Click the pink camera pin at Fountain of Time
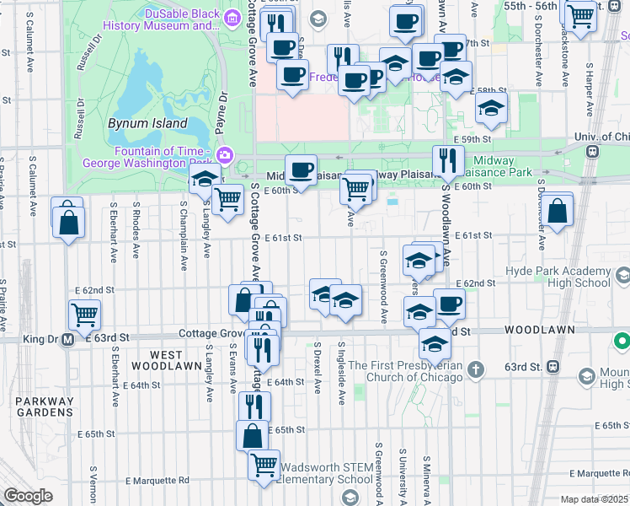point(224,154)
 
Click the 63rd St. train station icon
point(554,367)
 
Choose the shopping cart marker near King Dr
point(84,315)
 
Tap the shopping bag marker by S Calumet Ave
point(69,222)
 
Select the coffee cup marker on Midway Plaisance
point(301,170)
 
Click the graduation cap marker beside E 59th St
point(491,107)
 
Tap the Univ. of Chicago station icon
point(592,152)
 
